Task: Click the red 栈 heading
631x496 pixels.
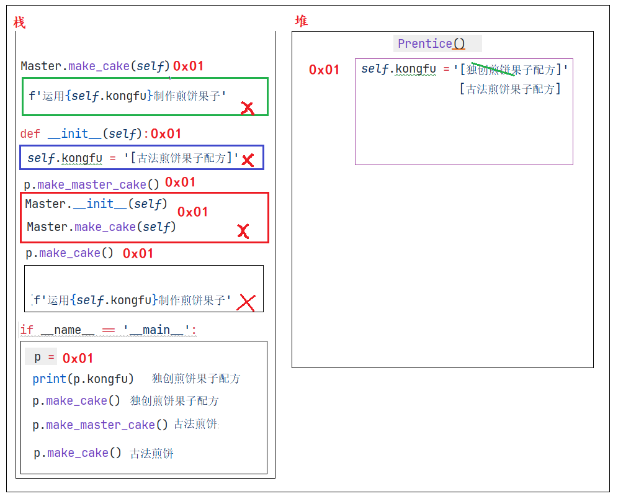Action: pos(19,23)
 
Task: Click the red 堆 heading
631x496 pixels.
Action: pos(301,21)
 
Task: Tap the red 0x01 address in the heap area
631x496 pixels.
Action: pos(324,70)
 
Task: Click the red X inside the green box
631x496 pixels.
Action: pos(247,109)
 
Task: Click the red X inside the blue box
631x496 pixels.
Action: pos(248,160)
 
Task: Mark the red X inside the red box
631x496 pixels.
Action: pos(243,232)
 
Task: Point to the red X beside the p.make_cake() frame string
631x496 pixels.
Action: pos(246,302)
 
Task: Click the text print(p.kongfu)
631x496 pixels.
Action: pos(83,379)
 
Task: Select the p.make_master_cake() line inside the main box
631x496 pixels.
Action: pos(101,425)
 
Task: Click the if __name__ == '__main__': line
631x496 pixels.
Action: pos(108,330)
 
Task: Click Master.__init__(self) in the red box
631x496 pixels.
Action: pos(96,204)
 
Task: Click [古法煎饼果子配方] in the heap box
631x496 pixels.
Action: pos(510,89)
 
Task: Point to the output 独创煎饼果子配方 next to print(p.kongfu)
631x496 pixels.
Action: pos(196,379)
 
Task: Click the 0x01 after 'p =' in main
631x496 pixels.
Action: pos(78,358)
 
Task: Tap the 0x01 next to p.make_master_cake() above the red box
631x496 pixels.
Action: pos(181,182)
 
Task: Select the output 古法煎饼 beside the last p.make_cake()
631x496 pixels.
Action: pos(152,454)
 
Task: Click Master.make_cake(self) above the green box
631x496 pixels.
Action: pos(96,66)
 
